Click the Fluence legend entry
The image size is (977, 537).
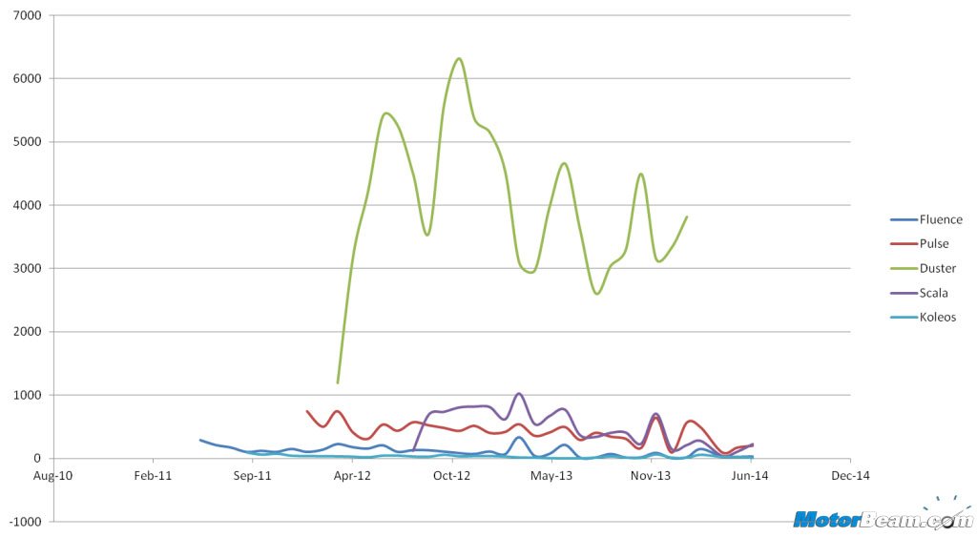pyautogui.click(x=940, y=219)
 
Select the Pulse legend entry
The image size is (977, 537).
pyautogui.click(x=935, y=244)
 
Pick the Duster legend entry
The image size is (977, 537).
pyautogui.click(x=937, y=268)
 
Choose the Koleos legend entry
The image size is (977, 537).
pyautogui.click(x=938, y=317)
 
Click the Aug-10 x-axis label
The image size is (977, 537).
pyautogui.click(x=52, y=474)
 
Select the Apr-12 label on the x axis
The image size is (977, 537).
pyautogui.click(x=352, y=474)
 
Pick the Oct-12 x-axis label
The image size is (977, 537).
pyautogui.click(x=451, y=474)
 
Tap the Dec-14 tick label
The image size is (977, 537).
pyautogui.click(x=850, y=474)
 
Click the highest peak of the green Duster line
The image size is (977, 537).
pyautogui.click(x=460, y=58)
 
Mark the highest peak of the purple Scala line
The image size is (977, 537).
pyautogui.click(x=518, y=393)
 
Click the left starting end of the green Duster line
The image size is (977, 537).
pyautogui.click(x=338, y=382)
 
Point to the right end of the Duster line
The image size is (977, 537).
pyautogui.click(x=687, y=217)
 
